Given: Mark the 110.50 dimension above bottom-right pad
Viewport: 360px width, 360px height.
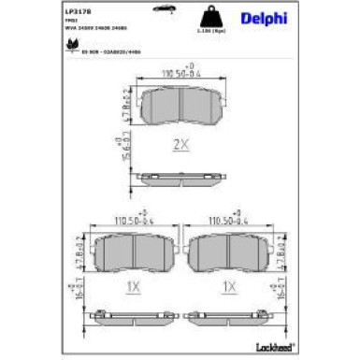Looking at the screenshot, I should coord(229,222).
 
